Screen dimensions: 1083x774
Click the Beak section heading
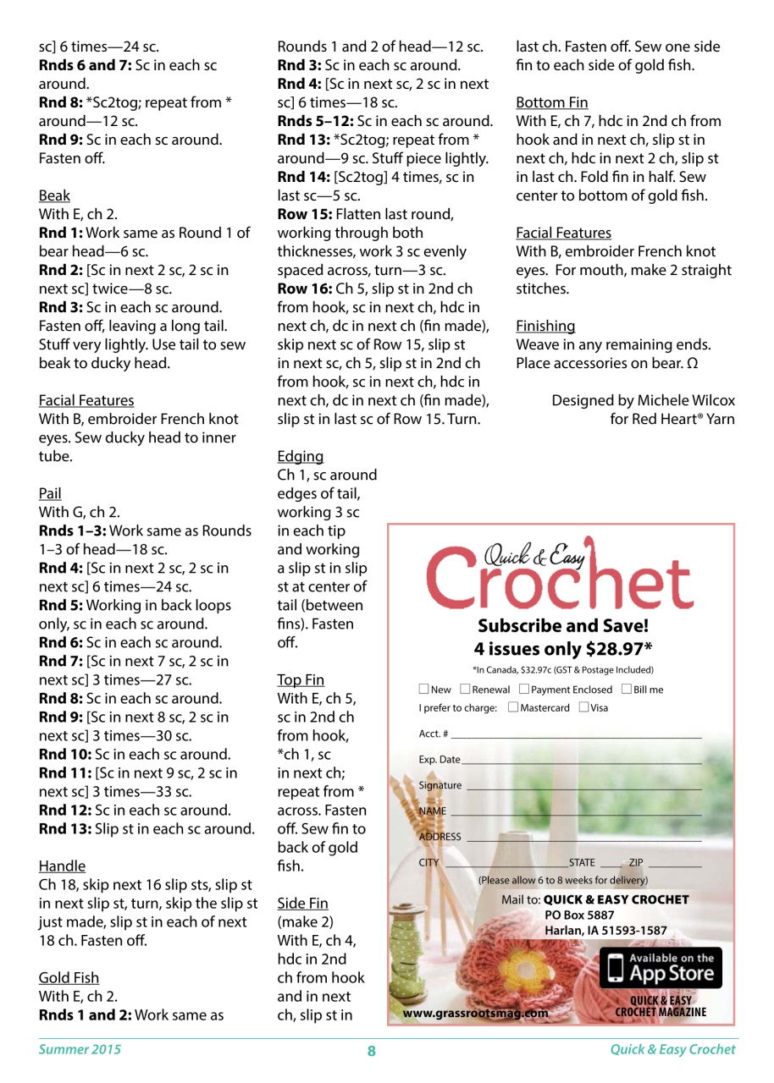[54, 195]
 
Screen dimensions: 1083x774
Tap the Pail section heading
[50, 493]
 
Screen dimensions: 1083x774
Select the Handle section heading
[62, 866]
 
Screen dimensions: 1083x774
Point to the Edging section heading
[300, 456]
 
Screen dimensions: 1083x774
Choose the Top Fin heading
[301, 679]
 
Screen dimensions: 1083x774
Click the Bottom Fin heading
[551, 103]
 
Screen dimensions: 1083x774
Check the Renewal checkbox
[465, 690]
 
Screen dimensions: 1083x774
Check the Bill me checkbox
[627, 690]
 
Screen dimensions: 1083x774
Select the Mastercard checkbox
[512, 707]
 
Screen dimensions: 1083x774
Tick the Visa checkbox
[583, 707]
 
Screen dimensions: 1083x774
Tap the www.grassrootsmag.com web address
[475, 1011]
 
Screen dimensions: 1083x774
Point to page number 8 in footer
[371, 1051]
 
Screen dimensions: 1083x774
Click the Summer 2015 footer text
[80, 1050]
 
